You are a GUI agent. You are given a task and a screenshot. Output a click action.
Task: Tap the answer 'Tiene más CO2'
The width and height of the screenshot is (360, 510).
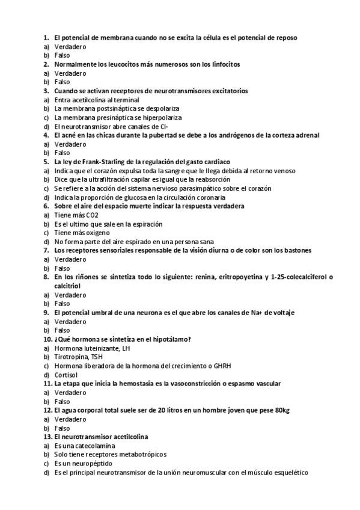click(76, 215)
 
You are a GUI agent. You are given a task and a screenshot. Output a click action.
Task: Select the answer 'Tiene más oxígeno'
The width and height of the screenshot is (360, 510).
click(82, 232)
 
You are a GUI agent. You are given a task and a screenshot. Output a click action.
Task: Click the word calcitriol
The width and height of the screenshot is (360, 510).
click(68, 286)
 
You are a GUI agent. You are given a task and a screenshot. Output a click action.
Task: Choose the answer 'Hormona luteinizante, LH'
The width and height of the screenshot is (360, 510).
click(91, 348)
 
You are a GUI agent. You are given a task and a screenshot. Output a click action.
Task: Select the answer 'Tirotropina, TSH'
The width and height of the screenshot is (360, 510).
click(79, 357)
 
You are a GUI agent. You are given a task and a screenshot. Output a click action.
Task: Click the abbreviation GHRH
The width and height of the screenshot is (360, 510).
click(221, 366)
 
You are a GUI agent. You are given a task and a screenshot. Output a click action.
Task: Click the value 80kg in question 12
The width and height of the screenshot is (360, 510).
click(281, 410)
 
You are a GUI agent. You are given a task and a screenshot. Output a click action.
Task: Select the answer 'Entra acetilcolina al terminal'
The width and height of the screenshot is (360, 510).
click(97, 100)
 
